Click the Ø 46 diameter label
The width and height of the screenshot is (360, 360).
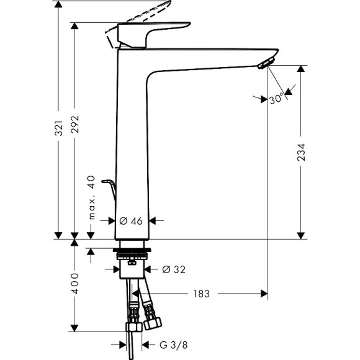(131, 220)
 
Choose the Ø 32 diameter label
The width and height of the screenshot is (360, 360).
(173, 269)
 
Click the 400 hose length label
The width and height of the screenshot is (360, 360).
(75, 284)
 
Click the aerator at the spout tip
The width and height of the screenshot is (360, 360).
(266, 63)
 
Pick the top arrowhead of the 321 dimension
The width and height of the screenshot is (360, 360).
(59, 5)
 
